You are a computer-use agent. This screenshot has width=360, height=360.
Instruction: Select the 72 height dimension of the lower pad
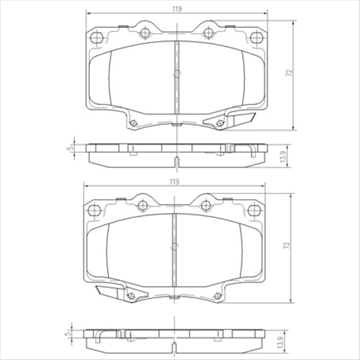[286, 245]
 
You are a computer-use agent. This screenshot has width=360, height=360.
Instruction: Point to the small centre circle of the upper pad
[175, 75]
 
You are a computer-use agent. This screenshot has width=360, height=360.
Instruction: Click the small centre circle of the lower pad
[173, 247]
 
